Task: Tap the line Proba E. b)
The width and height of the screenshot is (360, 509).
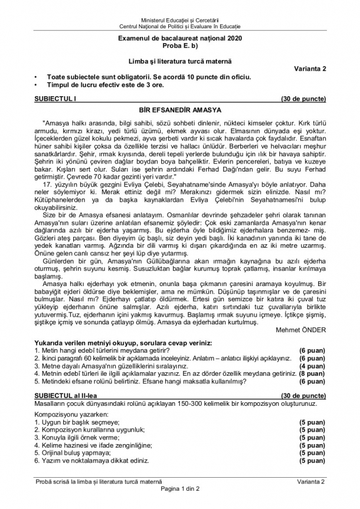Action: [x=180, y=45]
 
